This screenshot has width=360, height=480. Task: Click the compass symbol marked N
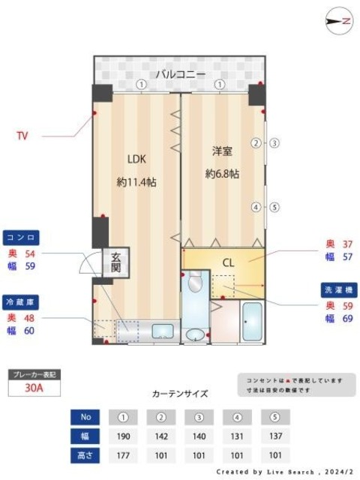click(339, 22)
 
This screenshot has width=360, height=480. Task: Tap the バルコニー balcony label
click(179, 73)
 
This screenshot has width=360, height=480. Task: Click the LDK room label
click(135, 158)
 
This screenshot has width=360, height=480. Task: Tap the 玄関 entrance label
click(116, 261)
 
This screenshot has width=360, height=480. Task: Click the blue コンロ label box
click(21, 236)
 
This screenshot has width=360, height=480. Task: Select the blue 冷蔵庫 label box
click(21, 301)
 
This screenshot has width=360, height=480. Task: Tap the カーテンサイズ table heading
click(179, 393)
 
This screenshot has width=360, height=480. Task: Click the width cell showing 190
click(124, 436)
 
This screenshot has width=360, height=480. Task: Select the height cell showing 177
click(124, 454)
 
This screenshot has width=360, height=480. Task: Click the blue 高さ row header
click(85, 454)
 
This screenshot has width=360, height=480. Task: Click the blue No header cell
click(85, 416)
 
